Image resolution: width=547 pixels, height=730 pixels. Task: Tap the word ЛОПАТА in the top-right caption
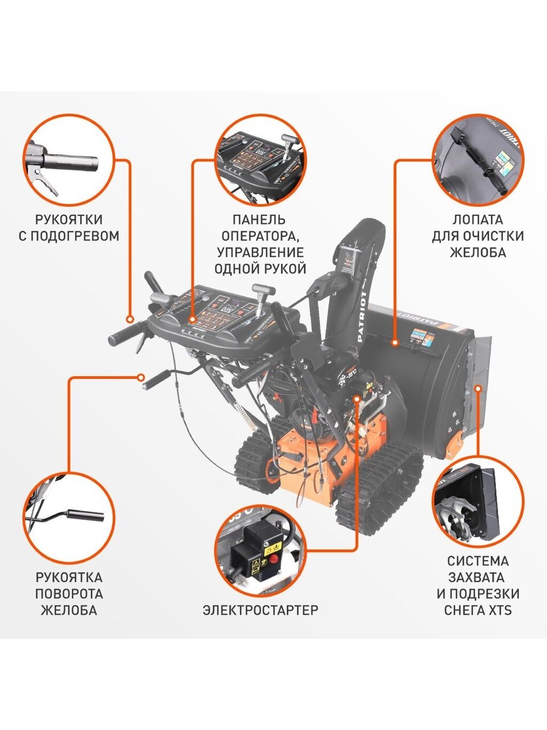point(478,220)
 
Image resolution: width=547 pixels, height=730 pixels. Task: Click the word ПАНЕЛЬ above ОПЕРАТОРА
point(259,220)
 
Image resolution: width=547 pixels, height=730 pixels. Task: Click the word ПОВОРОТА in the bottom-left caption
point(69,594)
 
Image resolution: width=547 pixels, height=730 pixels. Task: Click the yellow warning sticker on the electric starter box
point(272,547)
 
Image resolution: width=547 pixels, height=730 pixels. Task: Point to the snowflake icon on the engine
point(341,380)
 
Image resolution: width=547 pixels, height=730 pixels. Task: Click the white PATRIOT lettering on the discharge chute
point(363,317)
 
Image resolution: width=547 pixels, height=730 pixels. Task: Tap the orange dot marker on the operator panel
point(192,320)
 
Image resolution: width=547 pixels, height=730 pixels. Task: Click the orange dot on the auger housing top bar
point(395,343)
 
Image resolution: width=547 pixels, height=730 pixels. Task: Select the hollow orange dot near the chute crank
point(141,378)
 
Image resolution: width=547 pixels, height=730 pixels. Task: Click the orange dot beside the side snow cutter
point(478,388)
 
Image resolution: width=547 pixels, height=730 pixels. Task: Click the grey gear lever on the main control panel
point(262,291)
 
